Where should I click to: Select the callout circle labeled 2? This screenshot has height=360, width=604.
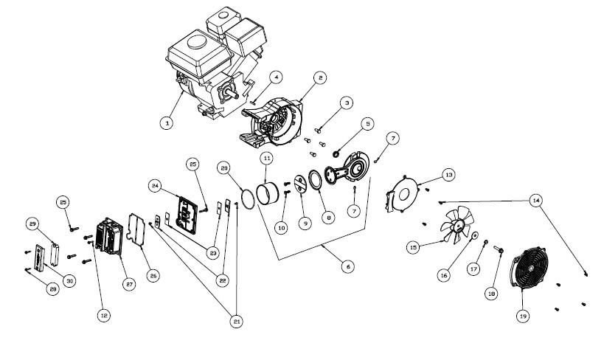point(319,77)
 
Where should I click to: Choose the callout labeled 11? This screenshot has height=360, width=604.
point(267,158)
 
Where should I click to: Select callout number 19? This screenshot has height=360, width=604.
point(523,316)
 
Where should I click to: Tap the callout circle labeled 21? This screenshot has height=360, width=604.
point(236,322)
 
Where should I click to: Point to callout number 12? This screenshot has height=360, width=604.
point(103,316)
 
